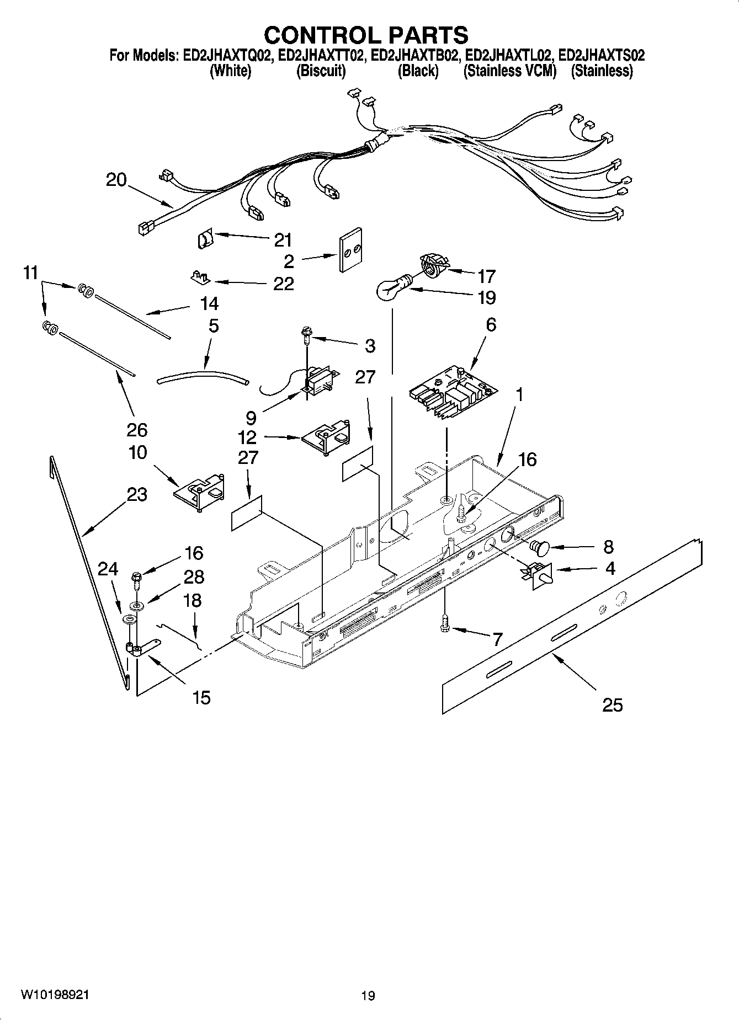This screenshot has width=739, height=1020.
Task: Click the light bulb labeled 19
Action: pyautogui.click(x=390, y=287)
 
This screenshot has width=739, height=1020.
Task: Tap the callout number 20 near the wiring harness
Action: pyautogui.click(x=116, y=180)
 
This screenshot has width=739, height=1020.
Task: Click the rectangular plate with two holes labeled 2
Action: pyautogui.click(x=350, y=250)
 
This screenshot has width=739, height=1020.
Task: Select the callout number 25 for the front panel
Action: pyautogui.click(x=612, y=704)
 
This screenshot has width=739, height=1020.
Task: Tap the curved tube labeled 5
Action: pyautogui.click(x=203, y=377)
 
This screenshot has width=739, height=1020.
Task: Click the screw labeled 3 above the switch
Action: pyautogui.click(x=305, y=332)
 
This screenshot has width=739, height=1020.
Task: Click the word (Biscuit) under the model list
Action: pyautogui.click(x=321, y=71)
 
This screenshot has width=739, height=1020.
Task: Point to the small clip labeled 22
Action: pyautogui.click(x=200, y=276)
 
